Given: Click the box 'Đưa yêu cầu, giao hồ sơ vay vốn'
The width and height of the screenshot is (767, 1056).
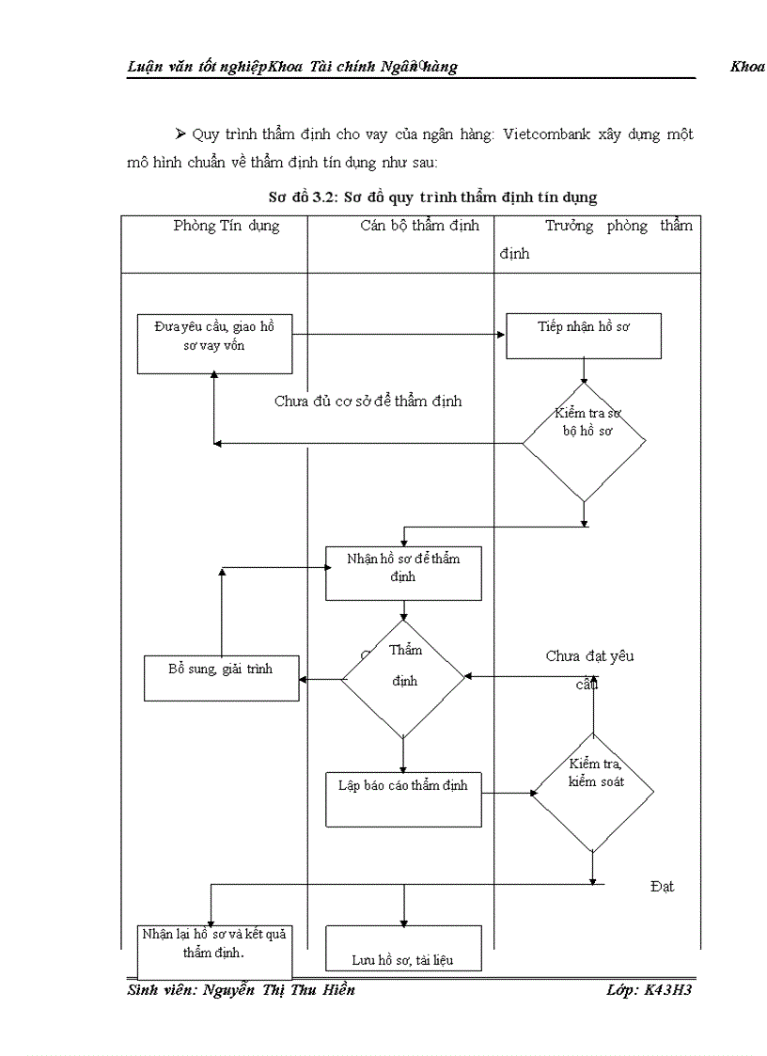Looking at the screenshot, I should [x=213, y=342].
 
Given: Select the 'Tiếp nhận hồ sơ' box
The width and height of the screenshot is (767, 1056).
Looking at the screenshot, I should [x=583, y=335].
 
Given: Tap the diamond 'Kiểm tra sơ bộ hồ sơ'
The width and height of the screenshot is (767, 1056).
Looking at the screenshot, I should [x=584, y=441].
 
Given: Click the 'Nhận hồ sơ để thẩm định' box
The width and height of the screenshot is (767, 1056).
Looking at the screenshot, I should [x=403, y=573].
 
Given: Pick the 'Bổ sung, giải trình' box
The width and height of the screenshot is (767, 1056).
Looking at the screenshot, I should [x=221, y=677].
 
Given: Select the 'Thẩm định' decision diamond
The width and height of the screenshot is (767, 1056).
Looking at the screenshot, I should [x=403, y=677].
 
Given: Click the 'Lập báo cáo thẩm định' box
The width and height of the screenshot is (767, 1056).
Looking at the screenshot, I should [x=403, y=798].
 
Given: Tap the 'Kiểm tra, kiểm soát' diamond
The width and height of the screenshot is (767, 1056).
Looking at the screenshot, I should [x=593, y=792].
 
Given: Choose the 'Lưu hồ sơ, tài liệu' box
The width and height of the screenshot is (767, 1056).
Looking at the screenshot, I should [x=403, y=948].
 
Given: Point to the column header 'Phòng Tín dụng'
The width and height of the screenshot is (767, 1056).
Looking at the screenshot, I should [x=227, y=226].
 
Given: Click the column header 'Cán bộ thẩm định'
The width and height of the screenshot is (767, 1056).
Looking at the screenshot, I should [x=419, y=226].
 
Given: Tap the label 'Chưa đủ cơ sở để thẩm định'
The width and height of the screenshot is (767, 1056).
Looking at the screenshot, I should [x=368, y=402].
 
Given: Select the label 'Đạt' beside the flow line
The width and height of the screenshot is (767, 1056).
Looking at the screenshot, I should [x=662, y=886].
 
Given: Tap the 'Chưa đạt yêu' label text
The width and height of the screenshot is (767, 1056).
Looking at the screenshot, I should [x=589, y=656].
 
